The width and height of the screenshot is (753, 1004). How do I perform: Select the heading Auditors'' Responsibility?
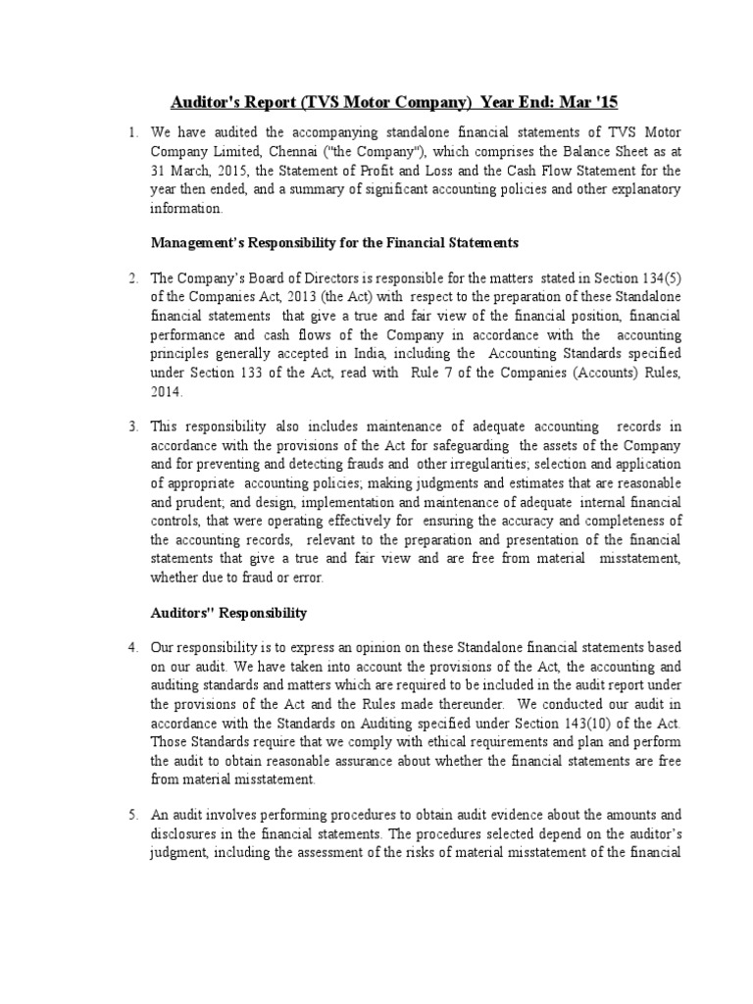(228, 613)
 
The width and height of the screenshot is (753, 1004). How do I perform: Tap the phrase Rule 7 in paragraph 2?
(475, 373)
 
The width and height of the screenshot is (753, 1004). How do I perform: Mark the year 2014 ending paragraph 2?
(166, 391)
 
